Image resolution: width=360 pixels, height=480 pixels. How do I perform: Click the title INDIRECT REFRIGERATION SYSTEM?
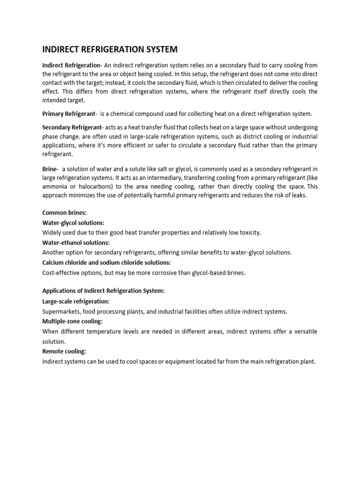(x=110, y=50)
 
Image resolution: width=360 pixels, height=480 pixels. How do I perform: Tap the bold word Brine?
(x=49, y=168)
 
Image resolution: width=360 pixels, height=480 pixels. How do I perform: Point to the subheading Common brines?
(x=65, y=212)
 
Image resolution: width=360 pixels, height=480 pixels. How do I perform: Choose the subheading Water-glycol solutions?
(x=73, y=223)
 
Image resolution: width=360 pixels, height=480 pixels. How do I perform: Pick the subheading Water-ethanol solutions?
(x=75, y=242)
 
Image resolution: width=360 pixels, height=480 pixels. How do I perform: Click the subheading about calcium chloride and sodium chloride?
(x=106, y=262)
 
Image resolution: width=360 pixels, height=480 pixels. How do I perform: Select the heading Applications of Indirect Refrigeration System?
(x=103, y=291)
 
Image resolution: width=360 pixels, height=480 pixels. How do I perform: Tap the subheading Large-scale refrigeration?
(x=75, y=301)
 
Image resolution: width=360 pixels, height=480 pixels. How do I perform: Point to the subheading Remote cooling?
(x=64, y=351)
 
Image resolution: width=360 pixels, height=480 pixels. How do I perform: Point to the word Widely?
(x=52, y=232)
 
